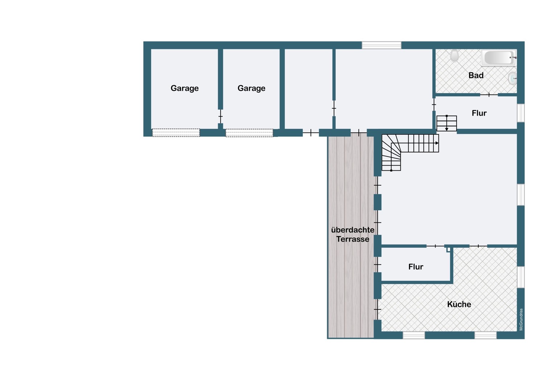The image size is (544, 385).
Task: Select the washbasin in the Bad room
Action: click(512, 78)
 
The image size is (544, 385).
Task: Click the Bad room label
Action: click(476, 76)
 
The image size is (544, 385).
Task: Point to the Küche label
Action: click(459, 304)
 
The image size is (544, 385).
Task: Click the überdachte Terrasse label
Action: click(353, 235)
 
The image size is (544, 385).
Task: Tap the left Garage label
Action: click(185, 88)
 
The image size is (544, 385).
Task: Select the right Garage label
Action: click(251, 88)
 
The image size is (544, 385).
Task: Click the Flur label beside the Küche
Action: click(416, 267)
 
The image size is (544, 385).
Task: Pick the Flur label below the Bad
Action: click(479, 113)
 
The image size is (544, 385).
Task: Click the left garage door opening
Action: click(176, 133)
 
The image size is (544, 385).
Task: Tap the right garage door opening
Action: click(250, 133)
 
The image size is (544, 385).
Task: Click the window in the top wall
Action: click(382, 45)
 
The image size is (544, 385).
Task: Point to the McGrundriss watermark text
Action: click(521, 319)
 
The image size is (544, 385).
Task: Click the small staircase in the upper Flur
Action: click(446, 123)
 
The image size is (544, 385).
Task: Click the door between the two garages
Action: click(221, 117)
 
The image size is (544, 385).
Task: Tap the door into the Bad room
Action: click(489, 94)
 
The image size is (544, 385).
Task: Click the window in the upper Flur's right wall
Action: click(521, 113)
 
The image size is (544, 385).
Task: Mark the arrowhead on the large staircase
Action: click(437, 143)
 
